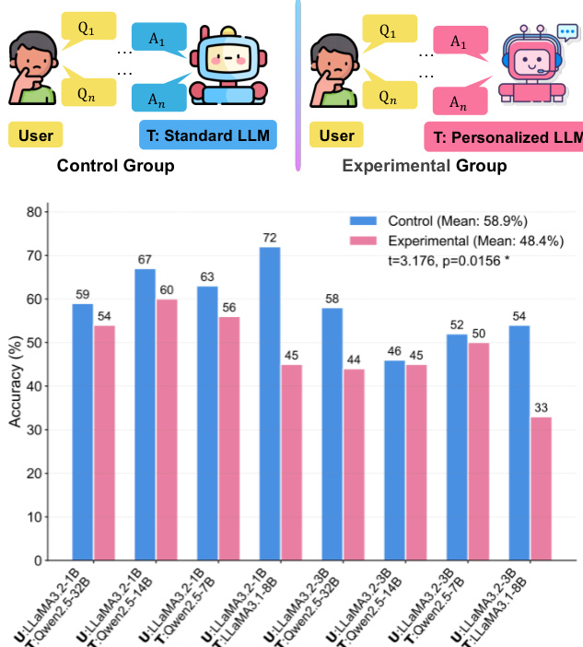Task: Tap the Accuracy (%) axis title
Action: [x=16, y=385]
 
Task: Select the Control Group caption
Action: [x=116, y=167]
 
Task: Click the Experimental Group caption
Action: [x=425, y=167]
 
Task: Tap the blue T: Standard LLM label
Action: [x=208, y=136]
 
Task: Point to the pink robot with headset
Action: [x=532, y=66]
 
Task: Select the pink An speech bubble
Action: [x=458, y=102]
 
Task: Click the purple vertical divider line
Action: [x=297, y=83]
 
